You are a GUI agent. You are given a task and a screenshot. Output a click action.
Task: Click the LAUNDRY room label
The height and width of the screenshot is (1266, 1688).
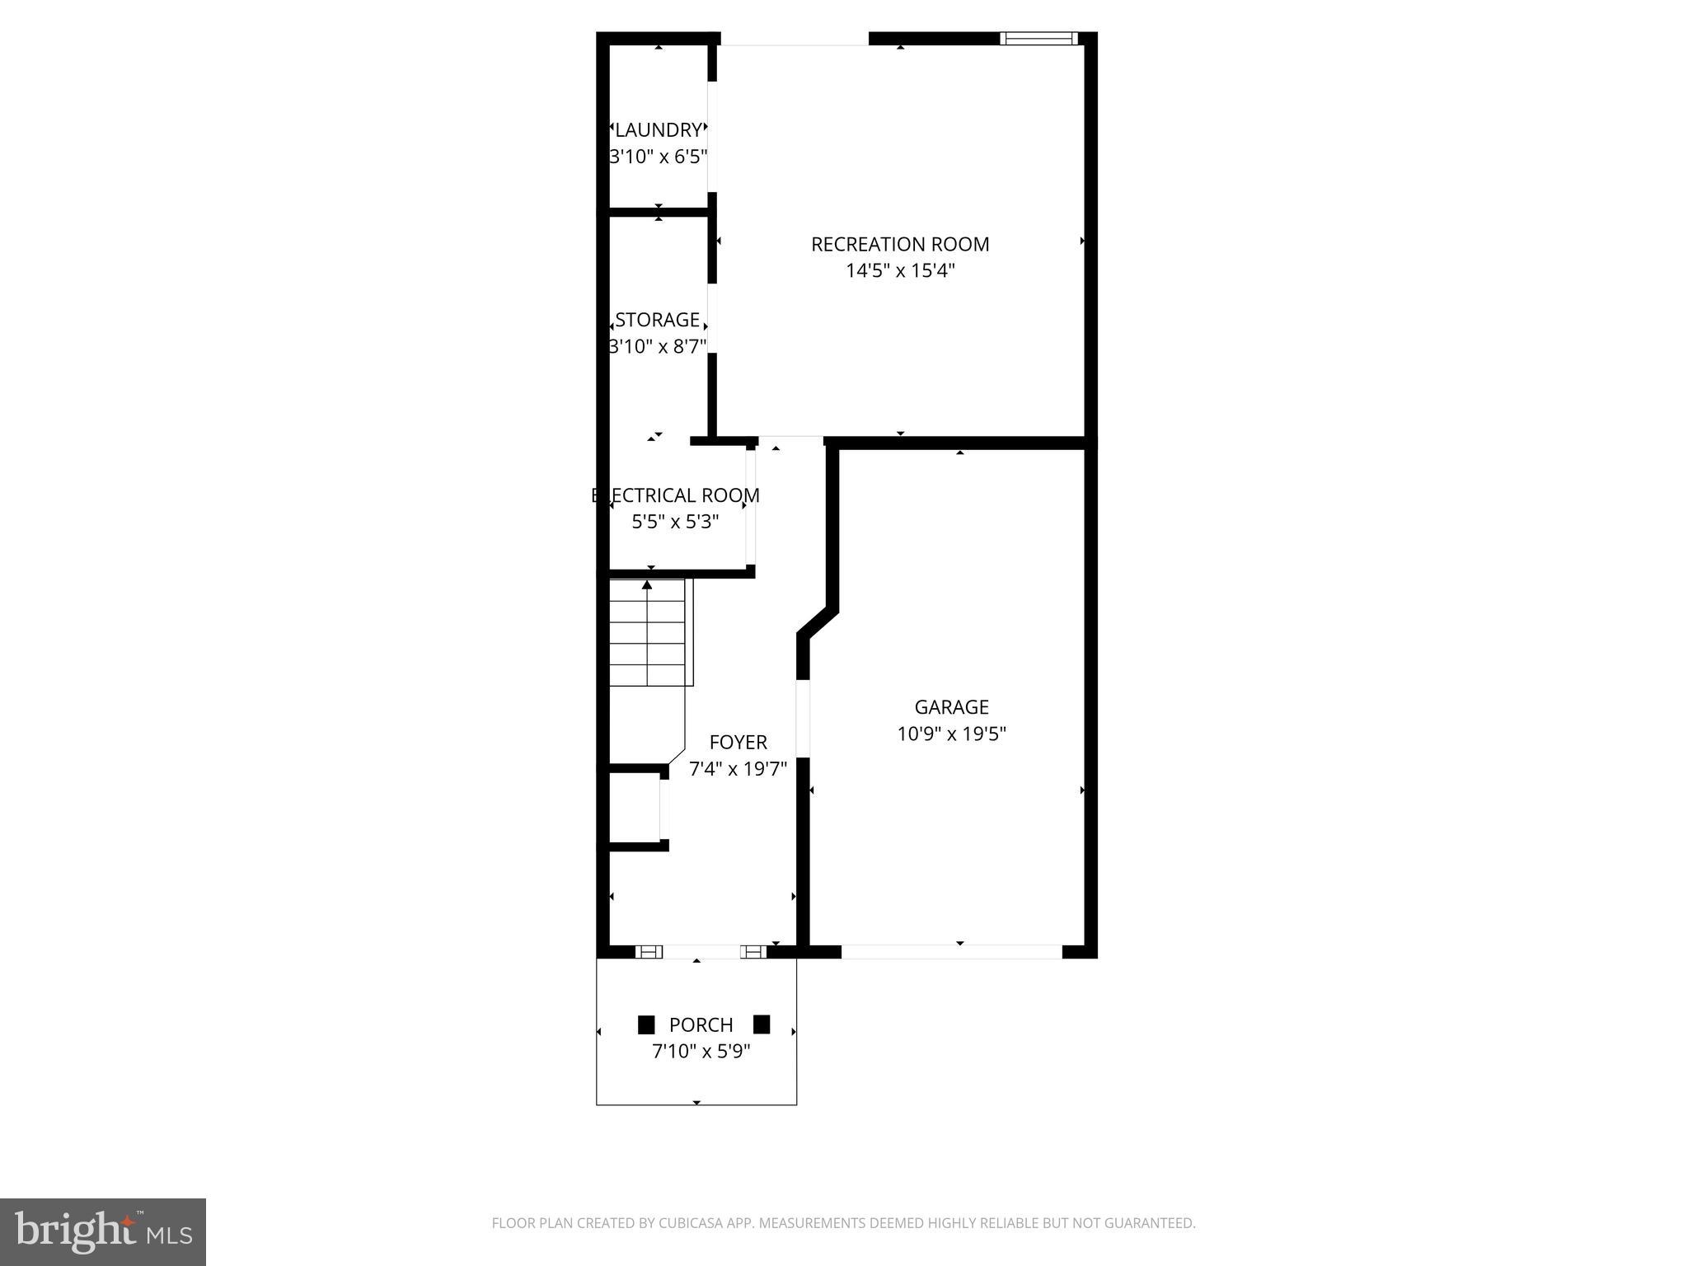click(658, 130)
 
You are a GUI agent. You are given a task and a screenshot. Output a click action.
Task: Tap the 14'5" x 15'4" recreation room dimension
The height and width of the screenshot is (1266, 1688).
click(900, 270)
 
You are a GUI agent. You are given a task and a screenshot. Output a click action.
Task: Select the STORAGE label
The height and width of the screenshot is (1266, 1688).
click(657, 320)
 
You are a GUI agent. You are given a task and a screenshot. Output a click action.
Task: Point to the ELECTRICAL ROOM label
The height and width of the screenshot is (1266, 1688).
click(675, 495)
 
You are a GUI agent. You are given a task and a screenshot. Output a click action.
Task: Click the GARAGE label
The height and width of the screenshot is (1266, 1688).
click(951, 707)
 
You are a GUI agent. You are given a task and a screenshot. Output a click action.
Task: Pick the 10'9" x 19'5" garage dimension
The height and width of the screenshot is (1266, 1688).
click(951, 734)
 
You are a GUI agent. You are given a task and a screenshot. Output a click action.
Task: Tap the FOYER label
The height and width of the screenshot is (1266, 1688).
click(738, 742)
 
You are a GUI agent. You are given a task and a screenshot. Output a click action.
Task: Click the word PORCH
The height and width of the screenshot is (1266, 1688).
click(701, 1025)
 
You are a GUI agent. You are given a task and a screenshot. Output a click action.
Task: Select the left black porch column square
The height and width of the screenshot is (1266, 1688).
click(646, 1025)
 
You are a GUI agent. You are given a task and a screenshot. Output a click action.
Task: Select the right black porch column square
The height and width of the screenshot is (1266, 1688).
click(762, 1025)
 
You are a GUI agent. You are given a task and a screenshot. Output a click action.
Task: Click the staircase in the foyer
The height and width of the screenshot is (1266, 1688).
click(647, 633)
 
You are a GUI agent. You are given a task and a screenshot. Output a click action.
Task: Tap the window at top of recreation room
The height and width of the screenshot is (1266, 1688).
click(1039, 38)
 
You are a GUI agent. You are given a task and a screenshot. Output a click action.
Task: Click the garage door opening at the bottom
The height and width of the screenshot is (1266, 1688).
click(951, 951)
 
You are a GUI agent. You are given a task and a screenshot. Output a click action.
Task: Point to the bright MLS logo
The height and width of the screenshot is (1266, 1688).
click(102, 1231)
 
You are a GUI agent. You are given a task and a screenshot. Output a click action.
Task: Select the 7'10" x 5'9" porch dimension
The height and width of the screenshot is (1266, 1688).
click(701, 1052)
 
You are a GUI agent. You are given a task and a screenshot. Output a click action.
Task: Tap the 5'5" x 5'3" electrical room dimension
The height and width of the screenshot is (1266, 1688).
click(675, 522)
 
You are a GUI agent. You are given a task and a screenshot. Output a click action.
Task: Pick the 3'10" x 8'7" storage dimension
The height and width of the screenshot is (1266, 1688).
click(657, 346)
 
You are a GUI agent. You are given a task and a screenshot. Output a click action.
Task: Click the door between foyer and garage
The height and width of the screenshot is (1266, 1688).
click(802, 717)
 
